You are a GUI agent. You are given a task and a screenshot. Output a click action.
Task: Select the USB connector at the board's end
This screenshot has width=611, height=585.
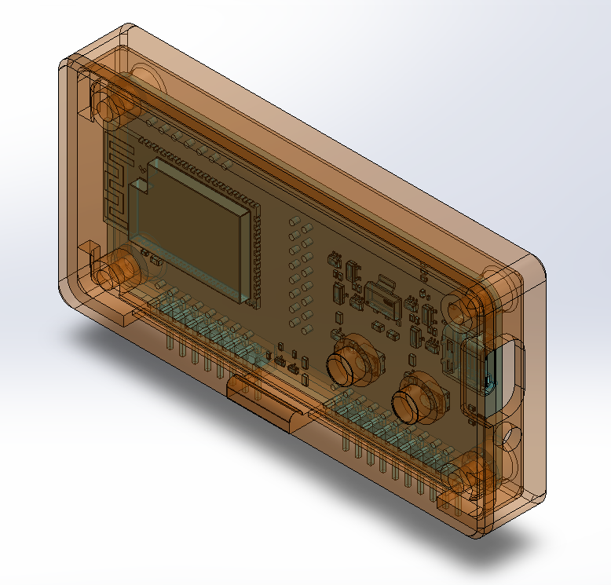pos(456,353)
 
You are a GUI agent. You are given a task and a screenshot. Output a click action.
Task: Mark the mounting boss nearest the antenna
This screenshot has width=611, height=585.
pos(109,107)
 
